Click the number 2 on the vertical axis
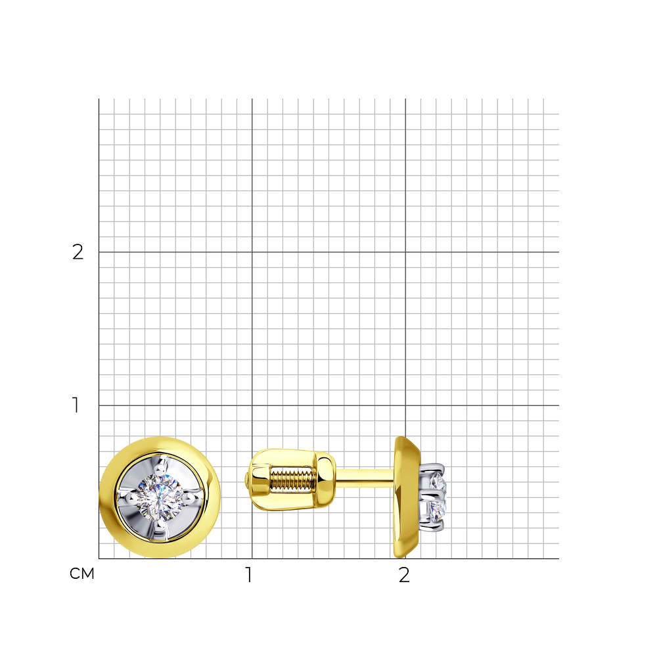click(x=78, y=252)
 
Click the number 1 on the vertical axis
click(x=76, y=405)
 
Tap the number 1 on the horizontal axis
click(x=249, y=575)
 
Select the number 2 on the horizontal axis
click(x=404, y=575)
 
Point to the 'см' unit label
click(x=82, y=574)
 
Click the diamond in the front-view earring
click(x=160, y=498)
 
